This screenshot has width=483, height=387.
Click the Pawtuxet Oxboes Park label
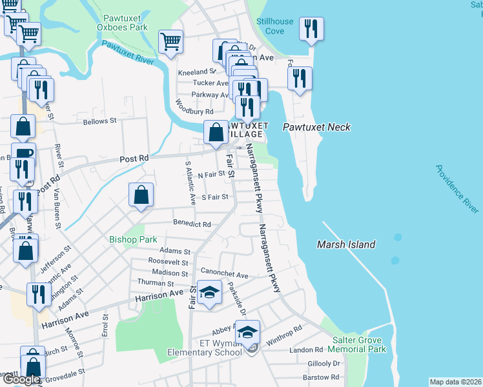coord(122,23)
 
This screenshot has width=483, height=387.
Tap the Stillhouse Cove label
coord(274,26)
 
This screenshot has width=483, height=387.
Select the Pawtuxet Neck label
coord(317,127)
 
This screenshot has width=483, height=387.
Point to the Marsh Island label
coord(345,244)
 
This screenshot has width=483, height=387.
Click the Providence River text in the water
coord(457,189)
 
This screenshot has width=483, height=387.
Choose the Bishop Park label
coord(133,239)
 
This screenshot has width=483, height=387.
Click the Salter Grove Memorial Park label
coord(359,344)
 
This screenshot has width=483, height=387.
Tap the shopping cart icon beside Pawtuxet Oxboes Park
coord(170,43)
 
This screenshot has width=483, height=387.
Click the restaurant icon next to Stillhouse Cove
coord(312,29)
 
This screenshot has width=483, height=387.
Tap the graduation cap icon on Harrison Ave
coord(209,293)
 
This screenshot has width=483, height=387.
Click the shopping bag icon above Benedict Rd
coord(141,195)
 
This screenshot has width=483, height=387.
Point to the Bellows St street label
coord(99,121)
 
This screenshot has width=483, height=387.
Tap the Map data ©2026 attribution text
coord(455,382)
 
